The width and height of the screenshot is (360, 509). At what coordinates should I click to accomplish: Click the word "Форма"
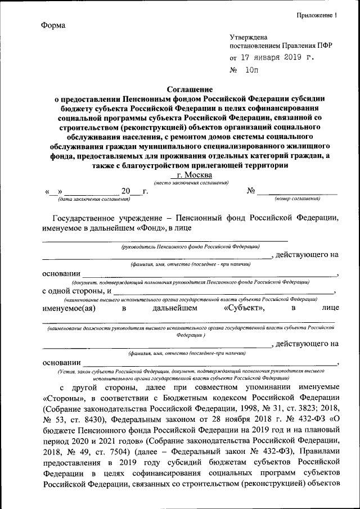coord(53,26)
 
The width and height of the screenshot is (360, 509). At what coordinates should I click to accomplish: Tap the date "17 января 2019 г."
coord(273,57)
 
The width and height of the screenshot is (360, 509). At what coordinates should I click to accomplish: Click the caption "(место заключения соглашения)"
coord(191,183)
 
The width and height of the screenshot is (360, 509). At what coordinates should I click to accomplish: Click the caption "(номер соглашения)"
coord(297,199)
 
